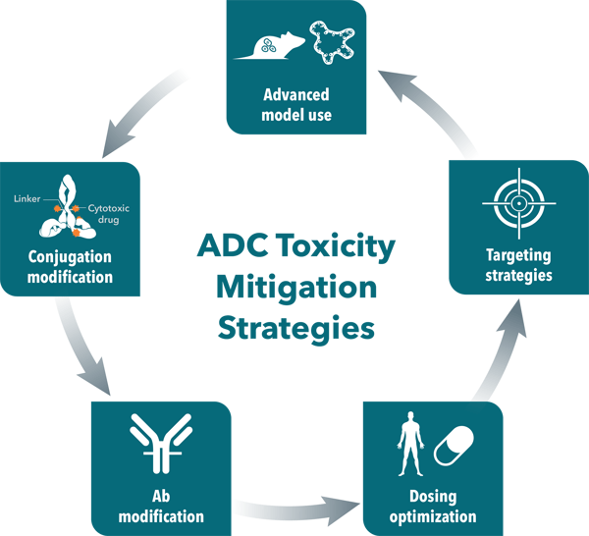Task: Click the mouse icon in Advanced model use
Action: (x=269, y=46)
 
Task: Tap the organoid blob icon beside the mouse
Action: (x=332, y=42)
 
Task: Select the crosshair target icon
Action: (x=519, y=203)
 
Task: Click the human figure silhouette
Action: (x=410, y=444)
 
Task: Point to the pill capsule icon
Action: (x=454, y=446)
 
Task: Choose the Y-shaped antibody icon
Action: (x=161, y=443)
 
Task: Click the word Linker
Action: (x=27, y=198)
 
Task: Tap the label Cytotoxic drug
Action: (x=109, y=214)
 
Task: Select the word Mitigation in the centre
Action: (x=296, y=288)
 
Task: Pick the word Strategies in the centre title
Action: (x=296, y=329)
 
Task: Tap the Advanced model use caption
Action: (x=296, y=105)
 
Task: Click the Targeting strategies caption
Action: (x=518, y=265)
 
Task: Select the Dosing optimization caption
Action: (x=433, y=507)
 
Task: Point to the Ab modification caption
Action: (x=161, y=507)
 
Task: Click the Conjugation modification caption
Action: (x=70, y=267)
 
